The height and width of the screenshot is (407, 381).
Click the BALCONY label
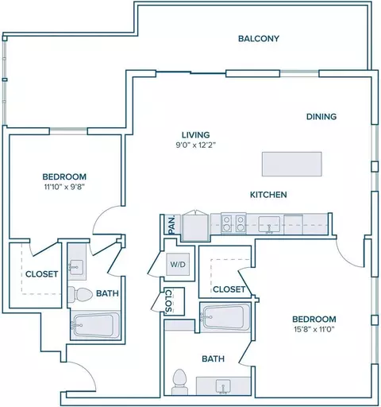coord(259,39)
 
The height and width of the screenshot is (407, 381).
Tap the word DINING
coord(321,117)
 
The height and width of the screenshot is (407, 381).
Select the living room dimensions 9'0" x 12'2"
coord(196,145)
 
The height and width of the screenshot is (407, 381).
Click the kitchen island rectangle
coord(292,164)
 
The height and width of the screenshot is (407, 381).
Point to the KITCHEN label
coord(268,195)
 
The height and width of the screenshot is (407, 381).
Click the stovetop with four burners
coord(233,223)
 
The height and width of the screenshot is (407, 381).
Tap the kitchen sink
coord(269,224)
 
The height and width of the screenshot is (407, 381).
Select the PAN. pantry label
coord(172,225)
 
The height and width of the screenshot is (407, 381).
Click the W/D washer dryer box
coord(178,264)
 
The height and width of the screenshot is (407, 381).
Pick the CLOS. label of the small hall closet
coord(168,302)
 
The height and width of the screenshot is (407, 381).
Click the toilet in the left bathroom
coord(80,294)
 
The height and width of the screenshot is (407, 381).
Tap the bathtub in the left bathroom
coord(95,325)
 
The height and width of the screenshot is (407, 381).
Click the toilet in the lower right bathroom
coord(179,382)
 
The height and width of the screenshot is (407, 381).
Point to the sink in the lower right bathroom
coord(223,387)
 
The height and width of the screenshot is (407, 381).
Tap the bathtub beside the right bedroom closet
coord(225,318)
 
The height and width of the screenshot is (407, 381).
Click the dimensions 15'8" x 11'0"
coord(314,330)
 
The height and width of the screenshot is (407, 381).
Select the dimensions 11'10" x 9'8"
coord(64,187)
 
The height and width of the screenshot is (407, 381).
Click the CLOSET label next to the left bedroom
coord(41,274)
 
